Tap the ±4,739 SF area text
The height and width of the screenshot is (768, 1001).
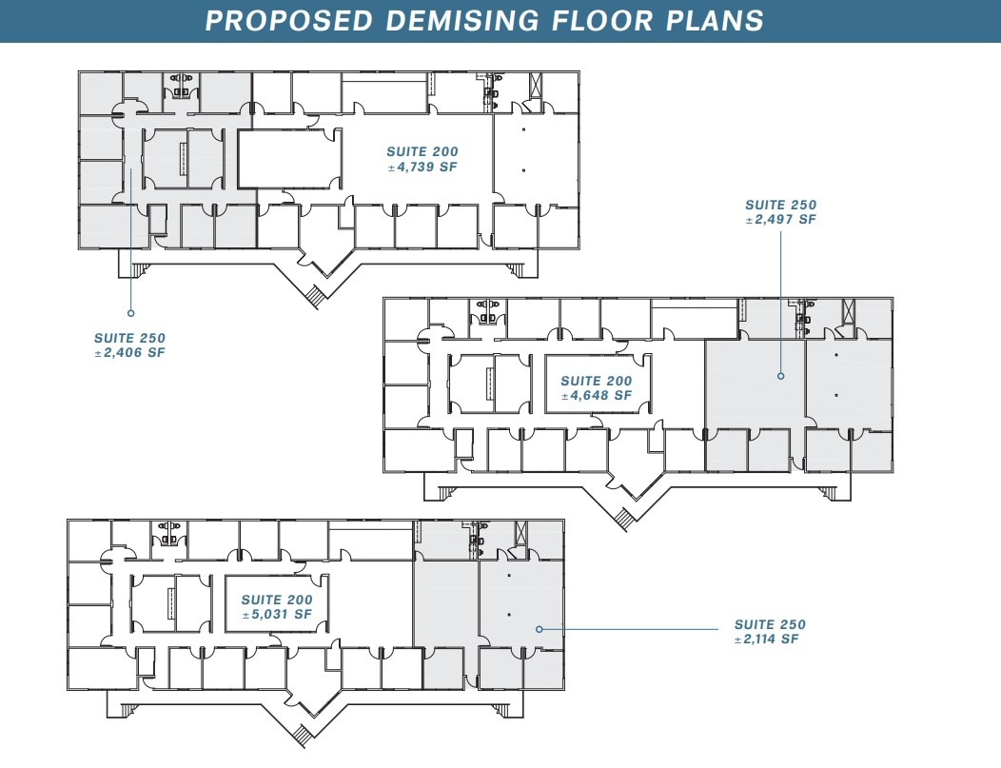[x=422, y=167]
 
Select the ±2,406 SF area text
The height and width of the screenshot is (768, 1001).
[x=129, y=353]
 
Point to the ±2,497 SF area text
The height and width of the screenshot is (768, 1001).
[x=780, y=220]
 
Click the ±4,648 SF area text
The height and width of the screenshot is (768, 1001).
[x=596, y=396]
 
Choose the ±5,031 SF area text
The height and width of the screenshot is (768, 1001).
[x=276, y=615]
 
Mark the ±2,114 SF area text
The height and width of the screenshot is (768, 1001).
[x=770, y=640]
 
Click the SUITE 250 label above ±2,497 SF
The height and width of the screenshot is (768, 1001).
[x=780, y=205]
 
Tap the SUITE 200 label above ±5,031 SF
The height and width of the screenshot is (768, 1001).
[x=276, y=600]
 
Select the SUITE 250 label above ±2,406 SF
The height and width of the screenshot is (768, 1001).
[x=129, y=338]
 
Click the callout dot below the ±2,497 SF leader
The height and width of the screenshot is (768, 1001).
[x=780, y=376]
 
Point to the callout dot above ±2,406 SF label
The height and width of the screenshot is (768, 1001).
[x=130, y=312]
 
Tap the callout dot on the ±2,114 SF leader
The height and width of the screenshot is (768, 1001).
[x=539, y=629]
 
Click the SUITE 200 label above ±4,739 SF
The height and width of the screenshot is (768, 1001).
[x=422, y=152]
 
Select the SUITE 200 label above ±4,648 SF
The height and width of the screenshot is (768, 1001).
[x=596, y=381]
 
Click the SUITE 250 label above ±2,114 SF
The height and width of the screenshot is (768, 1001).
[x=770, y=624]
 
